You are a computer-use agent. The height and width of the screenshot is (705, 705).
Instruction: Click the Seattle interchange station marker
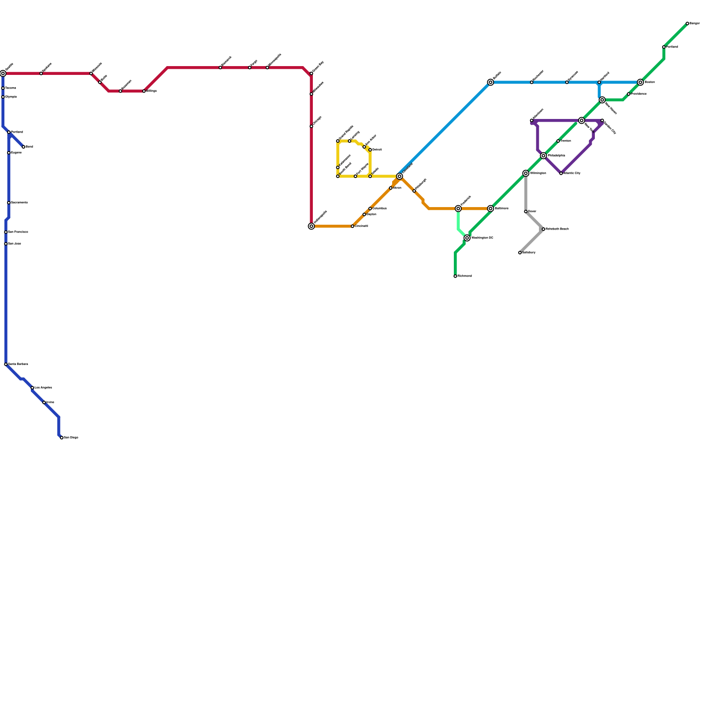coord(3,74)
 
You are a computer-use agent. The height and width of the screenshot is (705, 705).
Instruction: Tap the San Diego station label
coord(71,438)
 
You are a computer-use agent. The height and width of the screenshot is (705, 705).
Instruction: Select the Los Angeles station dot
coord(32,388)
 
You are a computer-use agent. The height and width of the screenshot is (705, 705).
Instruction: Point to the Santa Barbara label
coord(18,364)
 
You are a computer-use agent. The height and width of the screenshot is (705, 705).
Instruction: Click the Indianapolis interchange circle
coord(312,226)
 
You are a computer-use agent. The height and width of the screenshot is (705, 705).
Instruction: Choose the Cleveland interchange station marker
coord(400,176)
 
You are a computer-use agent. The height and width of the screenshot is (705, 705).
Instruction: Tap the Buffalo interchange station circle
coord(490,82)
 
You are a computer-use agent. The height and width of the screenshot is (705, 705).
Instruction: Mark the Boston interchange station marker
coord(640,82)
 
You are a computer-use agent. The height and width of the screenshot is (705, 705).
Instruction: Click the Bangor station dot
coord(687,23)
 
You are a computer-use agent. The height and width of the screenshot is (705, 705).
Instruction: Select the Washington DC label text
coord(482,238)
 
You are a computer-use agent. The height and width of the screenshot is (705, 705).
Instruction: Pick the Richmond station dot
coord(455,276)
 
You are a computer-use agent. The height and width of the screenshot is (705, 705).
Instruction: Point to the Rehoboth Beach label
coord(557,229)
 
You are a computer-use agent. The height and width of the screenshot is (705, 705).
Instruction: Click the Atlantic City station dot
coord(561,173)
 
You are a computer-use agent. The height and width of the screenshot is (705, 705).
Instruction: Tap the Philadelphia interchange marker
coord(543,156)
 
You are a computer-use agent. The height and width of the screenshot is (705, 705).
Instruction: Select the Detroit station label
coord(377,150)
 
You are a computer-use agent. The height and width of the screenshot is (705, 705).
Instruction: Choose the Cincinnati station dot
coord(352,226)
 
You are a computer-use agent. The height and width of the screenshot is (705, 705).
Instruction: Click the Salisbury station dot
coord(520,252)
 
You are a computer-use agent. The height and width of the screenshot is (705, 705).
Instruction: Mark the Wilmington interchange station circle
coord(526,173)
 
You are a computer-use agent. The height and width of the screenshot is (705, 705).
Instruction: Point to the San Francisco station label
coord(18,232)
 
